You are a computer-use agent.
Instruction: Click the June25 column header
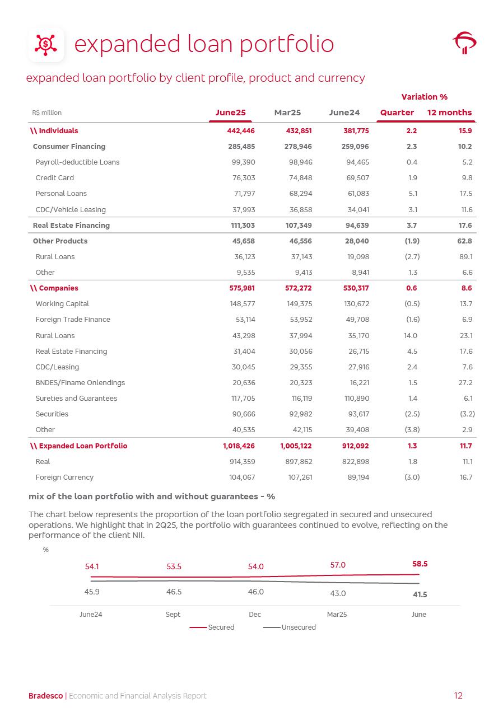click(x=230, y=113)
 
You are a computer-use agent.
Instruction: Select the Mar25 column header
click(x=287, y=113)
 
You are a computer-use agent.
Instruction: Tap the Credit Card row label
click(x=54, y=178)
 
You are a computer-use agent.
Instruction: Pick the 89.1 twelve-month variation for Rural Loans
click(x=465, y=257)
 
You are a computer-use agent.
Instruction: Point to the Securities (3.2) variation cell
click(x=467, y=414)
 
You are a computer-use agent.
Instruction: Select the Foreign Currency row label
click(x=64, y=477)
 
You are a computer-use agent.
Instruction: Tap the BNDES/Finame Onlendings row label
click(x=80, y=383)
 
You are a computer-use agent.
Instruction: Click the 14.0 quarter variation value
click(x=411, y=336)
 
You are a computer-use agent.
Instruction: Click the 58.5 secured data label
click(x=420, y=564)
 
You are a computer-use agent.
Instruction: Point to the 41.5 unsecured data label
click(x=420, y=594)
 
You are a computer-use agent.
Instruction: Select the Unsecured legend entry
click(x=290, y=627)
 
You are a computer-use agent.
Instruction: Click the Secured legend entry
click(x=212, y=627)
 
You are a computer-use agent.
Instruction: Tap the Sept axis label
click(x=173, y=615)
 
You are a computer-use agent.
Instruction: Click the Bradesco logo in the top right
click(x=464, y=43)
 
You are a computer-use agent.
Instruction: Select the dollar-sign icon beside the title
click(x=46, y=44)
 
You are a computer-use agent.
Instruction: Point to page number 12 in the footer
click(x=458, y=696)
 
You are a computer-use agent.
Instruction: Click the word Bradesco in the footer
click(x=45, y=696)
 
